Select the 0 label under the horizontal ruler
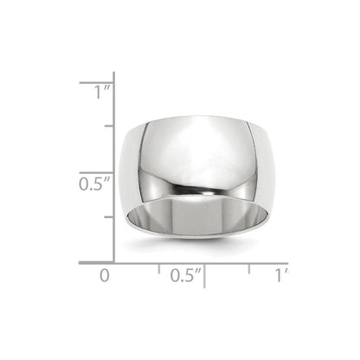(x=106, y=275)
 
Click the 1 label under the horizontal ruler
(x=279, y=275)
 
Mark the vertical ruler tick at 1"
(x=98, y=82)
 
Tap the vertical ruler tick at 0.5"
(x=98, y=172)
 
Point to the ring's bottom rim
(x=192, y=244)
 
